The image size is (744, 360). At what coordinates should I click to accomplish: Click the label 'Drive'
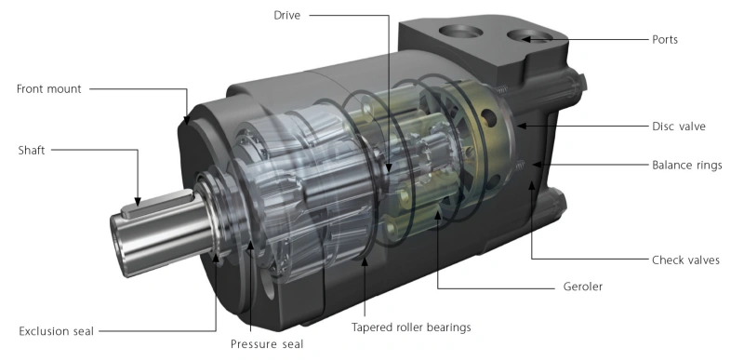(x=287, y=15)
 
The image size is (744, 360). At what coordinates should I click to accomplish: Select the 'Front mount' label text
(x=49, y=88)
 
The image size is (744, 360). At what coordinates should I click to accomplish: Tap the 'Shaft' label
(x=32, y=151)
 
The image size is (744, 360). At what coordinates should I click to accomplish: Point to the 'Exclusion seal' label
(x=56, y=331)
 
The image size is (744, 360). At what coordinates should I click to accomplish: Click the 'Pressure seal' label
(x=267, y=344)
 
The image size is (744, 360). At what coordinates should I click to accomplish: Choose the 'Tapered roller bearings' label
(x=411, y=327)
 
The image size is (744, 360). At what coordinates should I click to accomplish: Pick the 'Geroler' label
(x=583, y=287)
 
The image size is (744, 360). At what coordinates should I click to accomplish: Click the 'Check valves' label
(x=685, y=260)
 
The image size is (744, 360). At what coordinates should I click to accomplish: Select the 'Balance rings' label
(x=687, y=165)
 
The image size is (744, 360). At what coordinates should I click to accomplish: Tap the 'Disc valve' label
(x=679, y=127)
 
